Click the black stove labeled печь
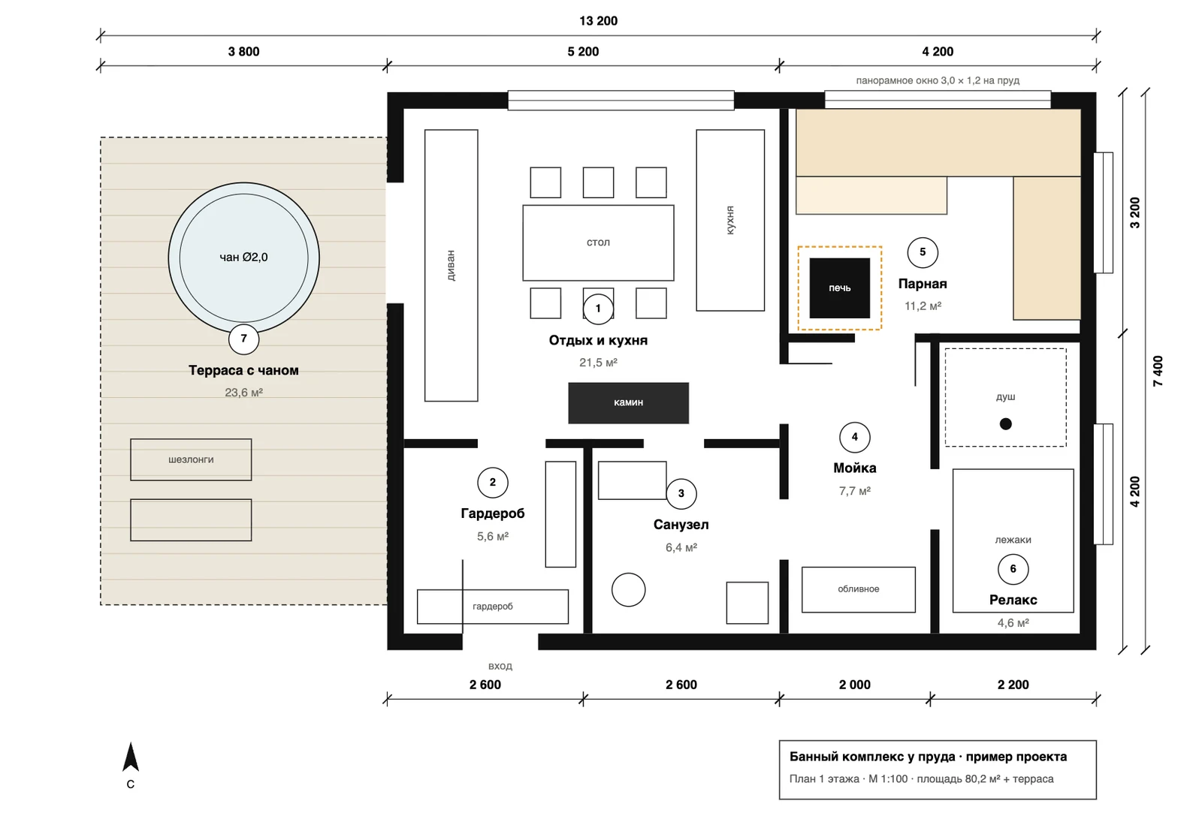(839, 288)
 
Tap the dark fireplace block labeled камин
(628, 402)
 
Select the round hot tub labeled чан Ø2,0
(243, 258)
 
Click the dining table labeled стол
(598, 243)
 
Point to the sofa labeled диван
(452, 266)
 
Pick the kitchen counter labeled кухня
(730, 220)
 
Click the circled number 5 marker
(923, 252)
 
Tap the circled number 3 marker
(681, 493)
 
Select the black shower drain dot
(1006, 424)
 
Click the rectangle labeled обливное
(859, 589)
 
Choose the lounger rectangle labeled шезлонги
(191, 459)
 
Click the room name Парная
(923, 284)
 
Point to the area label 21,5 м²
(598, 363)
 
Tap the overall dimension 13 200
(598, 21)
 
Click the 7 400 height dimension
(1158, 371)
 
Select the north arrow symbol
(131, 757)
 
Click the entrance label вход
(500, 666)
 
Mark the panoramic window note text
(938, 80)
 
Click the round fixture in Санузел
(628, 590)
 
